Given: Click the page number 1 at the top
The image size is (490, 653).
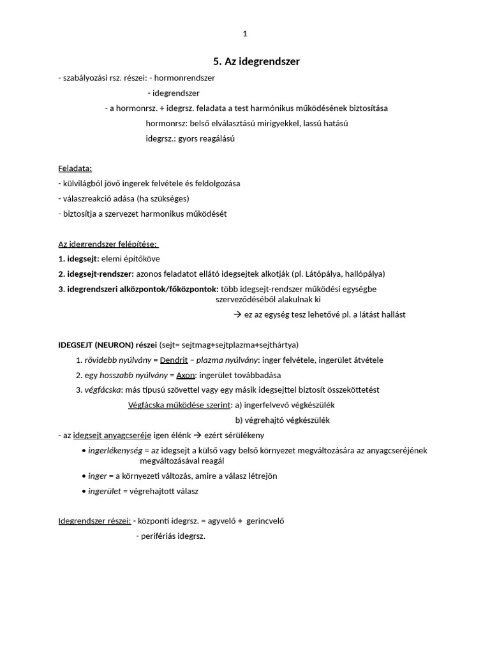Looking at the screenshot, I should [x=245, y=34].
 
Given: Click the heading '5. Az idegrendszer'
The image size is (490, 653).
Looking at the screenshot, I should [x=256, y=61].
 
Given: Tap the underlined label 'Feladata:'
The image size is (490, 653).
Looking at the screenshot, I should [x=75, y=168].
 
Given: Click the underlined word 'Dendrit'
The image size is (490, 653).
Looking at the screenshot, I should [x=174, y=360].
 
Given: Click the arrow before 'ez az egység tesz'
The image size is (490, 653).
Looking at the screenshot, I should [x=237, y=314].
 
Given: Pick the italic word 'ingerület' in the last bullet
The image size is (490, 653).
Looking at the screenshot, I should [x=104, y=491].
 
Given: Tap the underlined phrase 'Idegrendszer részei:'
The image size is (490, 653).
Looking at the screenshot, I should [x=94, y=520].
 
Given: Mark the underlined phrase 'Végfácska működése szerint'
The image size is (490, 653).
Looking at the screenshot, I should [x=179, y=404].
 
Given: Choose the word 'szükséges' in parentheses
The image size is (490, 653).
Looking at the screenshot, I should [x=170, y=198].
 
